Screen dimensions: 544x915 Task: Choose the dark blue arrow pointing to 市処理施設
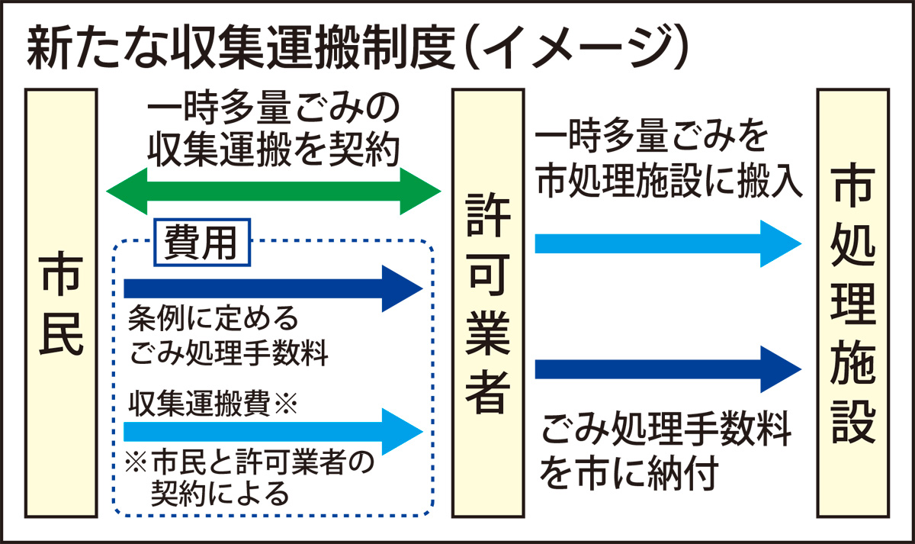coord(667,369)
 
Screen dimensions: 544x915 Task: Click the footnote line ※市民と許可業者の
coord(252,462)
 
